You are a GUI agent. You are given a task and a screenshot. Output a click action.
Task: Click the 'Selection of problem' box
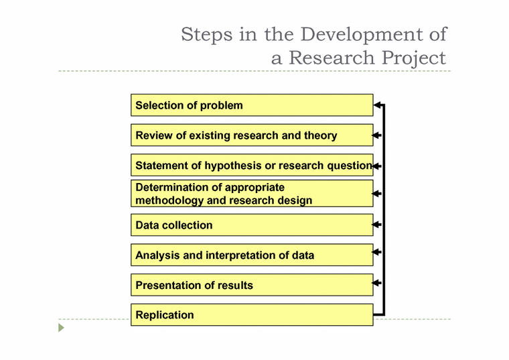pyautogui.click(x=251, y=105)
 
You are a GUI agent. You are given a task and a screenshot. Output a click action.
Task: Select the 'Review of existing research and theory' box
pyautogui.click(x=251, y=135)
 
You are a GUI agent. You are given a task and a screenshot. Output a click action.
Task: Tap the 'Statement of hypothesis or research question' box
pyautogui.click(x=251, y=165)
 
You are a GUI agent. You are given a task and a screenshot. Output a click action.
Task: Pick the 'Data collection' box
pyautogui.click(x=251, y=225)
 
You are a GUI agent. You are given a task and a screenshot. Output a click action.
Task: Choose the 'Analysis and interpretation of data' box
pyautogui.click(x=251, y=255)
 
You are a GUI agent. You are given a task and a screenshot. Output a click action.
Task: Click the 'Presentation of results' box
pyautogui.click(x=251, y=285)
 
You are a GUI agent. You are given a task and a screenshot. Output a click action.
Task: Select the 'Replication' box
pyautogui.click(x=251, y=315)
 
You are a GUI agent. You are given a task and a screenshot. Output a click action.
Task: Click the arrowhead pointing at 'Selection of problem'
pyautogui.click(x=378, y=105)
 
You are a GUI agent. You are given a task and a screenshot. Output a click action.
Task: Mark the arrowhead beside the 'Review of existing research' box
pyautogui.click(x=378, y=135)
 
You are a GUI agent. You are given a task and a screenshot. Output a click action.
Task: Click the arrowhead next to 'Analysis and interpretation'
pyautogui.click(x=378, y=253)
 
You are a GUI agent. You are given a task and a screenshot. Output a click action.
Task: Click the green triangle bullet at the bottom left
pyautogui.click(x=62, y=328)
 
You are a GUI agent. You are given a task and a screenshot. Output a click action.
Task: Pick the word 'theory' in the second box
pyautogui.click(x=321, y=135)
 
